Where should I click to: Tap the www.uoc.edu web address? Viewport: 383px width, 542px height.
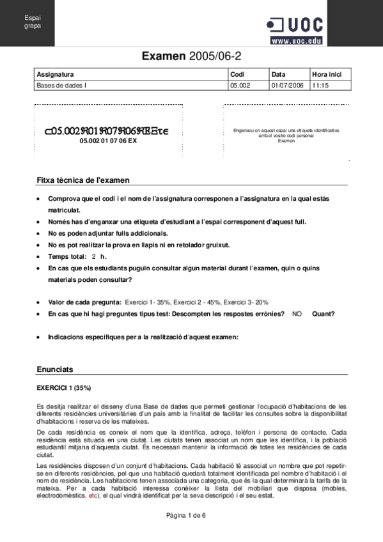point(295,40)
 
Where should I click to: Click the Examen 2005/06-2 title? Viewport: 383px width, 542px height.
point(191,58)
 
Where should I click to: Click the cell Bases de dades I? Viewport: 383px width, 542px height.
point(62,84)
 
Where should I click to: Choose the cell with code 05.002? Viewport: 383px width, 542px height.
point(239,84)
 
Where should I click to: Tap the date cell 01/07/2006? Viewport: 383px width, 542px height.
point(287,84)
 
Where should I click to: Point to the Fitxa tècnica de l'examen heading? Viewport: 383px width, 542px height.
point(84,181)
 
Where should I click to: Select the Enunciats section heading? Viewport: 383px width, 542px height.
point(55,369)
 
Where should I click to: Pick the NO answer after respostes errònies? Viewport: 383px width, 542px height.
point(297,314)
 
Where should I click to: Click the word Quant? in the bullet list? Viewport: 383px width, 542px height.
point(323,314)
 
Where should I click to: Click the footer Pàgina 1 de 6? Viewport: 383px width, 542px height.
point(191,515)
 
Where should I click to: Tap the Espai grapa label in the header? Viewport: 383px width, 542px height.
point(32,22)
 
